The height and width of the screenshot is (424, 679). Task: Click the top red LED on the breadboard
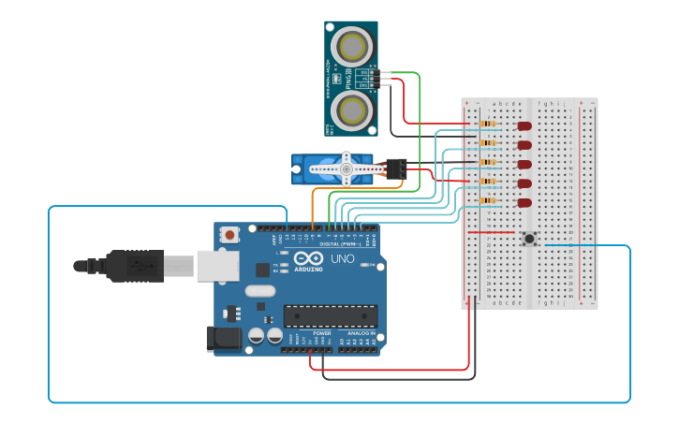point(524,125)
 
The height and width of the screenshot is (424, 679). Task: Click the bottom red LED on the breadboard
point(524,202)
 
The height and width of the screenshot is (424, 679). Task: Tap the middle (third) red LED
point(524,164)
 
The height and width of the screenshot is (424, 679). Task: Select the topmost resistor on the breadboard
point(488,124)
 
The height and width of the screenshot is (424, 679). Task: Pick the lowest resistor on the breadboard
point(488,200)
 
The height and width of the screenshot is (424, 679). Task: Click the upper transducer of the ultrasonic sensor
point(352,45)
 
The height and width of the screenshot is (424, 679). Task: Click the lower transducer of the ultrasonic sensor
point(352,111)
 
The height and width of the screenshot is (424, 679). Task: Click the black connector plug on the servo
point(397,168)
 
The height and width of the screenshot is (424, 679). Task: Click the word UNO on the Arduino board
point(342,258)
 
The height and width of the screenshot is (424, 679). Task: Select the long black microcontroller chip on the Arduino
point(331,316)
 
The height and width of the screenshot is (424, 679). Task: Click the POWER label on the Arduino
point(321,332)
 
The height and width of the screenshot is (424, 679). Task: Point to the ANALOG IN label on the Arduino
point(361,332)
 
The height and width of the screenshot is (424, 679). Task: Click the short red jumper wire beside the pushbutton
point(491,231)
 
